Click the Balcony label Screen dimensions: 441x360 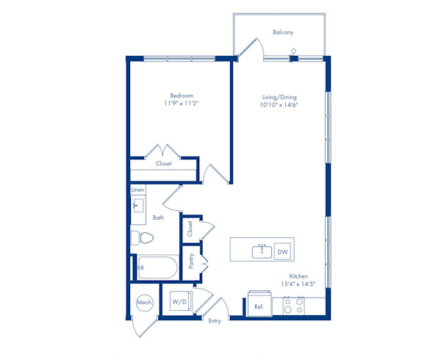(283, 32)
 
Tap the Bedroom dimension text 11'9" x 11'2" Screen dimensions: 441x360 (182, 104)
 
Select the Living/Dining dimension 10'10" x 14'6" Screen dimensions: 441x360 (279, 105)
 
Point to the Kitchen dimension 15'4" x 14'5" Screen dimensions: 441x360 (298, 284)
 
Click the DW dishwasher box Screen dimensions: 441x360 (283, 251)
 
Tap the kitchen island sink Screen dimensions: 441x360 (262, 251)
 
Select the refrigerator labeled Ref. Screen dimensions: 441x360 (259, 304)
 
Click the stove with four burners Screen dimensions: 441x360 (294, 306)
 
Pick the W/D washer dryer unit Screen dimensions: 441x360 (181, 301)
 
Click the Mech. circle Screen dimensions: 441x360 (145, 303)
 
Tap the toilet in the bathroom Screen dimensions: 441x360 (143, 238)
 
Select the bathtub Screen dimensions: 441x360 (157, 267)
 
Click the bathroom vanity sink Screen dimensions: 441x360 (138, 206)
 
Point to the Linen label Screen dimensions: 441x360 (138, 190)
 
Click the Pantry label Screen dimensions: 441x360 (191, 261)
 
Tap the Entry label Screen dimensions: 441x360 (215, 321)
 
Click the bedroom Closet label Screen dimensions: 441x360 (163, 163)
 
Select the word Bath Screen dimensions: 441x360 (158, 217)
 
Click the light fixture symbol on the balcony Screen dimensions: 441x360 (293, 51)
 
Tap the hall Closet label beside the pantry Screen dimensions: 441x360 (190, 228)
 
